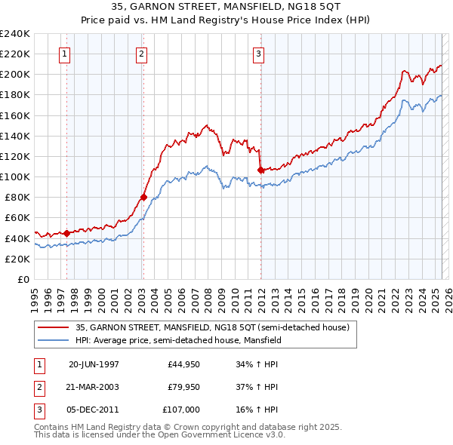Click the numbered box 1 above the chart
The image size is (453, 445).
[x=66, y=54]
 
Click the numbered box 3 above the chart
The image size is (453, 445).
[x=258, y=54]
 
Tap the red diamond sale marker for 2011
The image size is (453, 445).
[x=260, y=170]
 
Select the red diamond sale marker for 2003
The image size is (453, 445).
[x=143, y=198]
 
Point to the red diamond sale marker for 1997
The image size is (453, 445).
[x=67, y=233]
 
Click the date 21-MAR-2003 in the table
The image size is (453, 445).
[x=94, y=387]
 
